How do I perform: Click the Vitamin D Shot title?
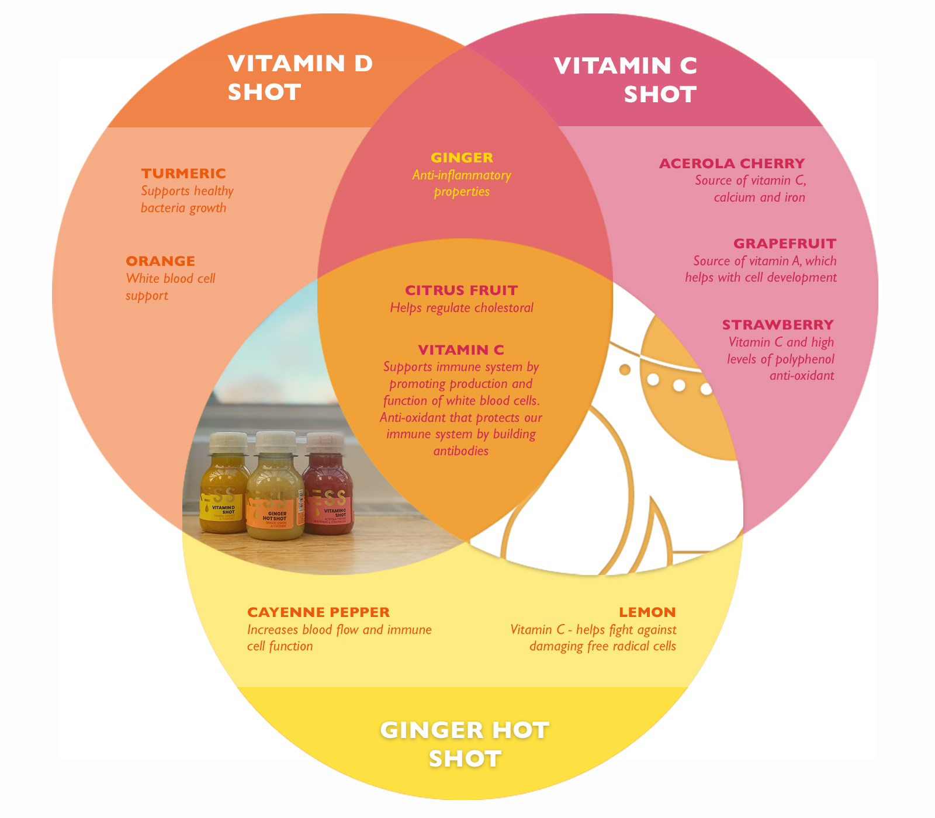[300, 78]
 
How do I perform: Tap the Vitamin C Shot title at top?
[626, 80]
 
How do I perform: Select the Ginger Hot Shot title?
[465, 744]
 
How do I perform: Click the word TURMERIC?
[183, 174]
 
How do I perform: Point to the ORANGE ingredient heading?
[161, 261]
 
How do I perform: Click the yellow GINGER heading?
[462, 158]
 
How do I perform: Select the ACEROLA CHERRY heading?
[732, 164]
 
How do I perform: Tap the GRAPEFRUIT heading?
[784, 244]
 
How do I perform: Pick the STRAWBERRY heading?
[777, 325]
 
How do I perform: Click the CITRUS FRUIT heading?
[461, 290]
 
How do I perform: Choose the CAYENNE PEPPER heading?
[318, 612]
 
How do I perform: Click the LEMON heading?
[647, 612]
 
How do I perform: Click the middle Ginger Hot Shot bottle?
[275, 491]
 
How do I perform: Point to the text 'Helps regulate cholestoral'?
[462, 308]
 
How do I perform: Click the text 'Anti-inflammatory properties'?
[462, 183]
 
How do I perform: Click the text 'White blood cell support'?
[171, 287]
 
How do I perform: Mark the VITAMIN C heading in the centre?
[461, 350]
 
